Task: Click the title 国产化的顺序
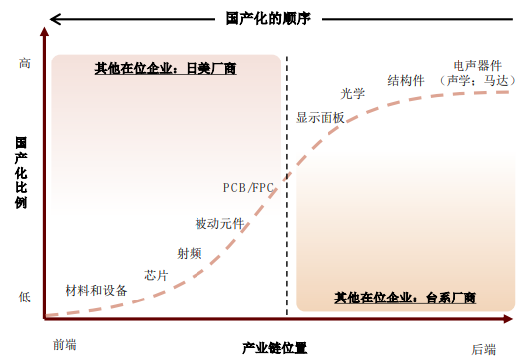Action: [262, 16]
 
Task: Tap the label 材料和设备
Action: [96, 291]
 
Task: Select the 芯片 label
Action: [156, 274]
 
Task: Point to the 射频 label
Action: [189, 253]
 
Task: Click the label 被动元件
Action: [219, 224]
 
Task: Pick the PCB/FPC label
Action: [248, 187]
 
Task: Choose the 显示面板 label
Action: [321, 117]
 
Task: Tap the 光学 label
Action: [353, 93]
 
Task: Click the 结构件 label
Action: [406, 79]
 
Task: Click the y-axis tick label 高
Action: [25, 62]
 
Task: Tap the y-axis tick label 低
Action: [25, 296]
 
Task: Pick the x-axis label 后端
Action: [483, 347]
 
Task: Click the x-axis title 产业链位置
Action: [274, 348]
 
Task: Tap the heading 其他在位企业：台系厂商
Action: [405, 297]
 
